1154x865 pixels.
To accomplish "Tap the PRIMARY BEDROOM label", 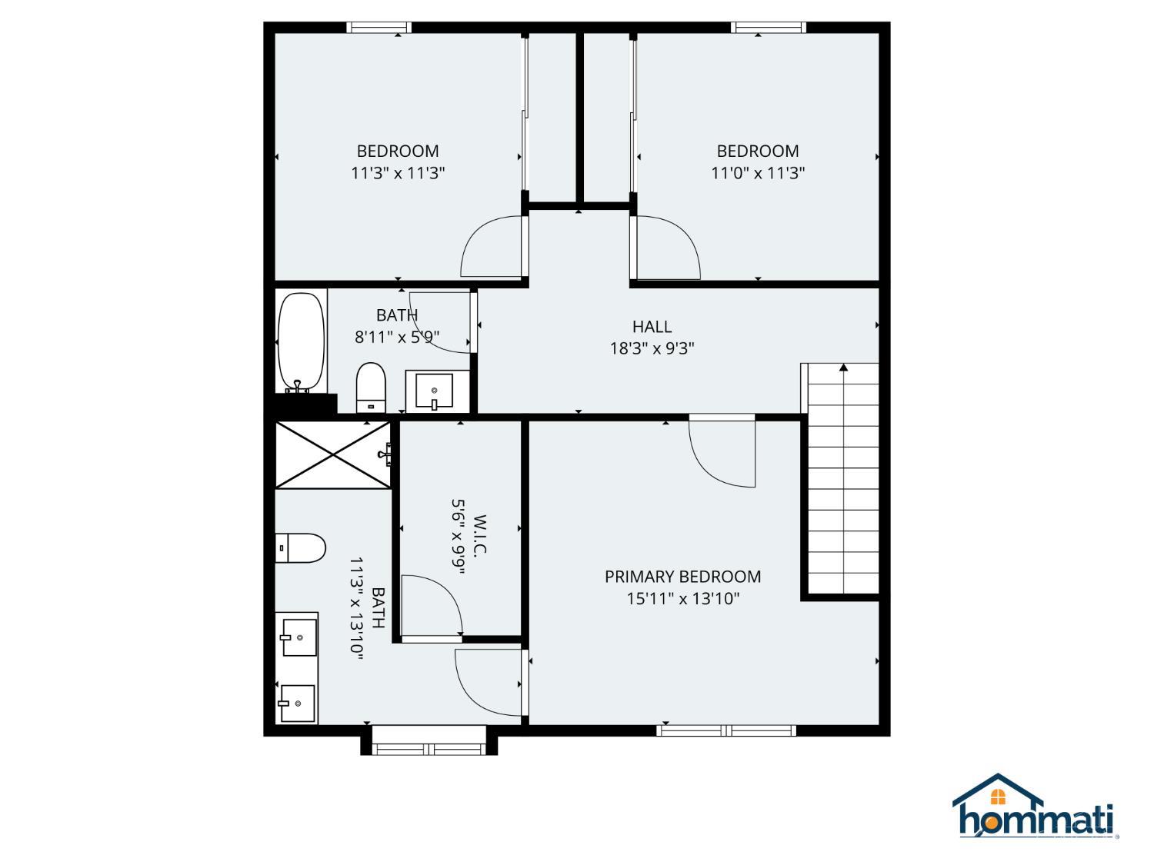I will tap(682, 577).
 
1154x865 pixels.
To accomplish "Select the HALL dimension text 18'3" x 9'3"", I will tap(652, 348).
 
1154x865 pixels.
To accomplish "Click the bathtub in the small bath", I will tap(301, 342).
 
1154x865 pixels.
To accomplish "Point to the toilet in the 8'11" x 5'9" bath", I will tap(371, 387).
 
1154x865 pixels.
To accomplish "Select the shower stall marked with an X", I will tap(333, 454).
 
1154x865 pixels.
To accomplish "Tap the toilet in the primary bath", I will tap(301, 547).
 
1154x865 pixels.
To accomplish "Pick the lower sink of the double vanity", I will tap(297, 703).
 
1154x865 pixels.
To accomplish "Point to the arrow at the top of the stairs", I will tap(843, 368).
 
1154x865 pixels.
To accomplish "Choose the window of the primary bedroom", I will tap(726, 730).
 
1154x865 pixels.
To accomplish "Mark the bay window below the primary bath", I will tap(429, 748).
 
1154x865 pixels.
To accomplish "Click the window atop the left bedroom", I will tap(379, 28).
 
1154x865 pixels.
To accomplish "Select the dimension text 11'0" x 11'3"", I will tap(757, 173).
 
